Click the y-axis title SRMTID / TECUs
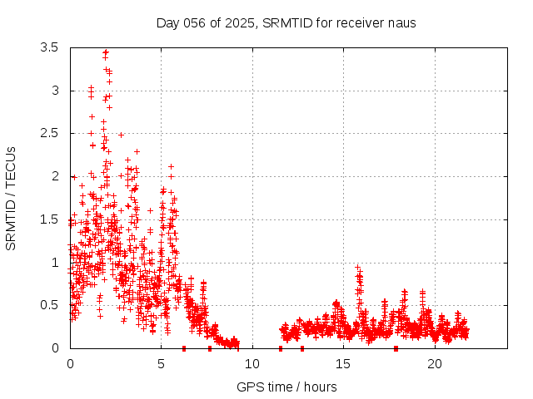tap(11, 198)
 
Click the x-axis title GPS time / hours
tap(286, 387)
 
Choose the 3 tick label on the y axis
tap(54, 90)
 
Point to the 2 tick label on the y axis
tap(54, 176)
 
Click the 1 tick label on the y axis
tap(54, 262)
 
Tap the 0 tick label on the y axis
tap(54, 348)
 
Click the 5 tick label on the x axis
tap(162, 364)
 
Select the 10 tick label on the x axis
tap(252, 364)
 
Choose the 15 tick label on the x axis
tap(344, 364)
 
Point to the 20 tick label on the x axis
tap(435, 364)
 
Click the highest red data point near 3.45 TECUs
tap(106, 52)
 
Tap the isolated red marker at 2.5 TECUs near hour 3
tap(121, 134)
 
